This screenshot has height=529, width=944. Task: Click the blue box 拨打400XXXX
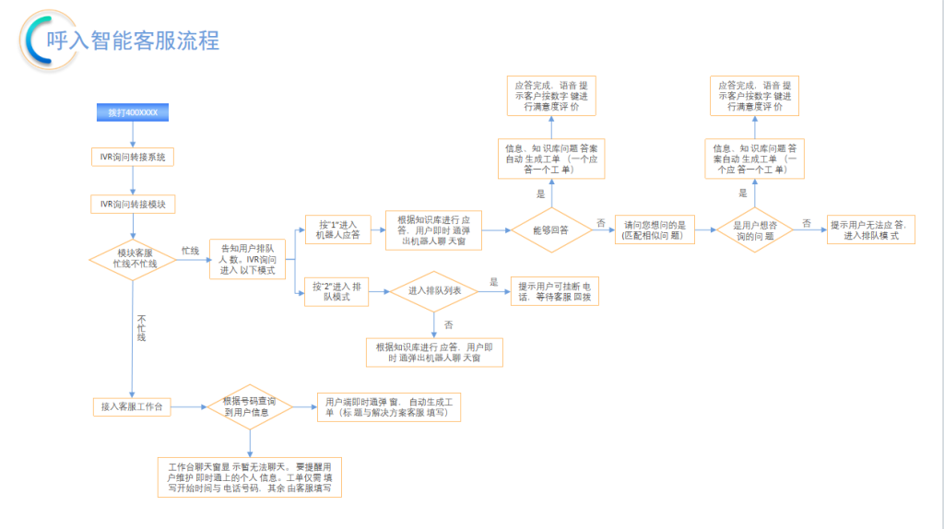133,113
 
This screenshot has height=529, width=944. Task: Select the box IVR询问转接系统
133,158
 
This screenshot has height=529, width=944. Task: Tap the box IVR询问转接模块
133,204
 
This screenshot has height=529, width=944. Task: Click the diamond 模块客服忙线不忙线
134,258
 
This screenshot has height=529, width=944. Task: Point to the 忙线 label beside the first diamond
190,251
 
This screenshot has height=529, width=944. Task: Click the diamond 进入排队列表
433,291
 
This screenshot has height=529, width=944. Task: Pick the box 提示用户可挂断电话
555,292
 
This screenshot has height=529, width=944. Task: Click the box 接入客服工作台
133,406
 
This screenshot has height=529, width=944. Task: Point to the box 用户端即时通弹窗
387,407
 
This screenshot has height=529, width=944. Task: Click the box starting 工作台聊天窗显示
250,477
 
